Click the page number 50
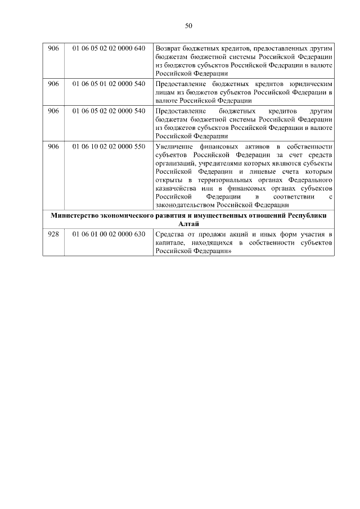[188, 25]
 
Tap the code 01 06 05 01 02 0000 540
[109, 83]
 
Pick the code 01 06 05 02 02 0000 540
[109, 110]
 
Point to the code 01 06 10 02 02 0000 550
[109, 146]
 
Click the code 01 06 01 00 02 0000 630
[109, 234]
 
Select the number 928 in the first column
[53, 234]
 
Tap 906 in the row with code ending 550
[53, 146]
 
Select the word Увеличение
[174, 146]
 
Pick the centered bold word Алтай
[188, 224]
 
